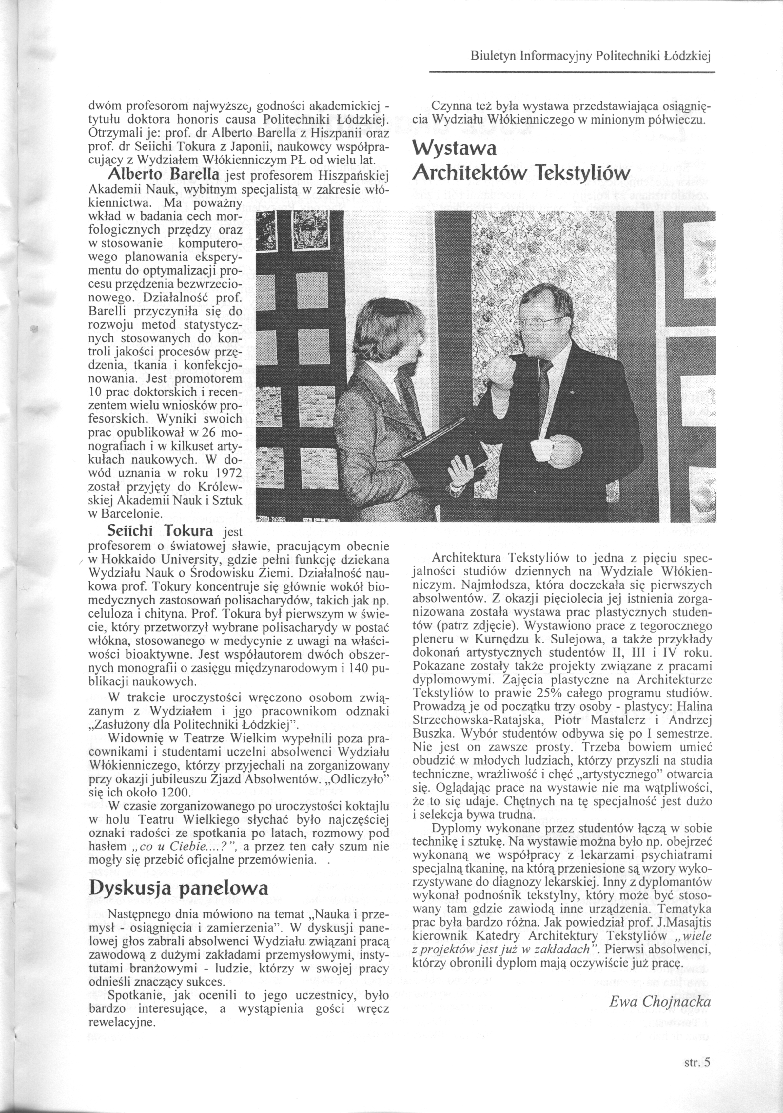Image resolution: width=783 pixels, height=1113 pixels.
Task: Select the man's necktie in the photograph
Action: (544, 388)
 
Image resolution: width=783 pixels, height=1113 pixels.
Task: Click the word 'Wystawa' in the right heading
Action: (454, 148)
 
